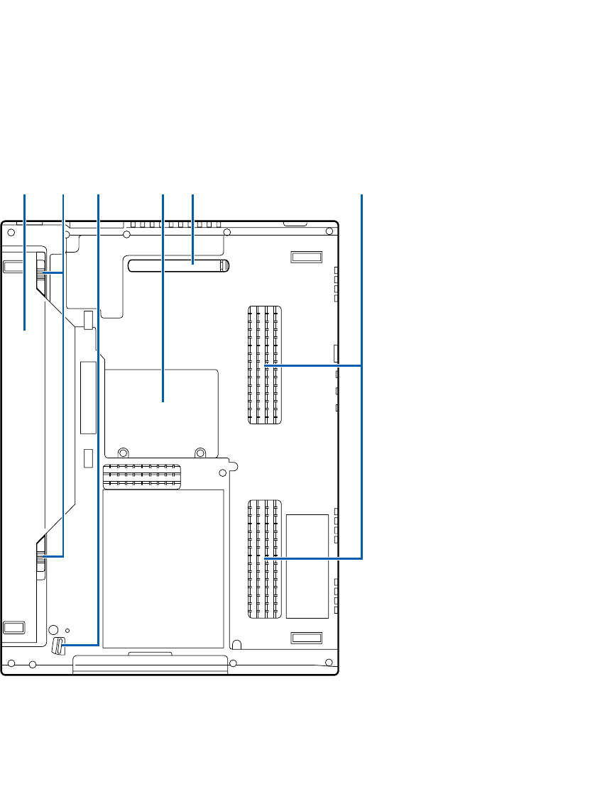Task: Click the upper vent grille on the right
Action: (265, 365)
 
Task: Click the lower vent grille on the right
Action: (265, 558)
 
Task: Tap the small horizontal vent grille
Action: (142, 476)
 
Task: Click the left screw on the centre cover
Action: (123, 451)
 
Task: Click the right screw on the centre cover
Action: (201, 451)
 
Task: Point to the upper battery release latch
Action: (41, 273)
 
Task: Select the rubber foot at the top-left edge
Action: (13, 267)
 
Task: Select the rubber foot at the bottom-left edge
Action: (13, 628)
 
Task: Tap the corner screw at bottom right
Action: (329, 663)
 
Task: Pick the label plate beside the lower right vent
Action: (307, 565)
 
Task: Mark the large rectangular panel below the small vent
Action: (163, 568)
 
